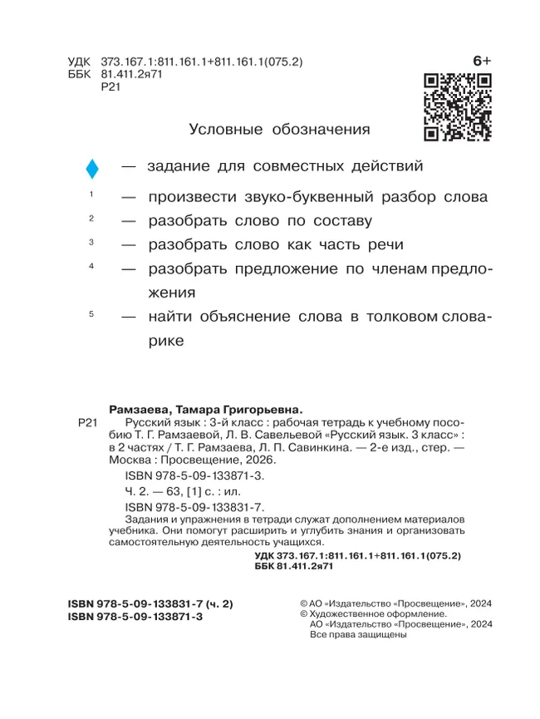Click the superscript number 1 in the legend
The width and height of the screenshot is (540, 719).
point(91,194)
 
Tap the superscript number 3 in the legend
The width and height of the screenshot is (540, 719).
point(91,241)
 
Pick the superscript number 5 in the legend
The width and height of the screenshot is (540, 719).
point(91,313)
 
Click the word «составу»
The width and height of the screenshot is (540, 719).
point(342,222)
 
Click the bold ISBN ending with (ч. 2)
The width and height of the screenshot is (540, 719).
point(152,603)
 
